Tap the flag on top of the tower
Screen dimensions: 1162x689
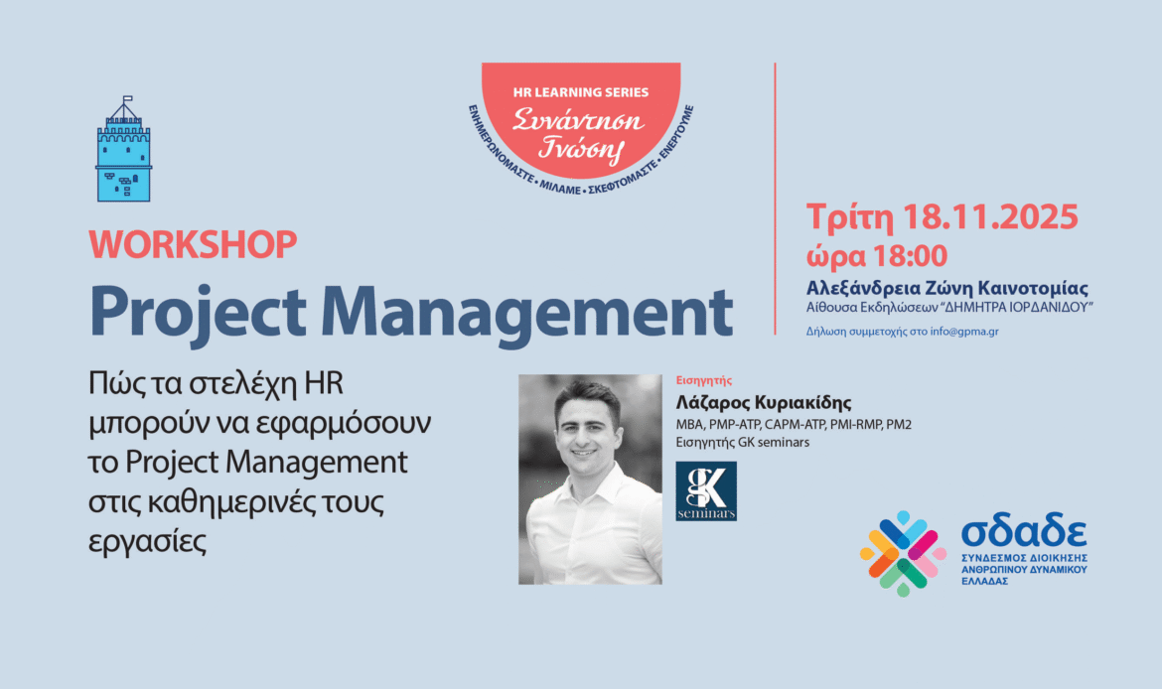(127, 98)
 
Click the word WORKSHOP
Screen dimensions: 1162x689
(193, 244)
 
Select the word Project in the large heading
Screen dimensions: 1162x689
(197, 313)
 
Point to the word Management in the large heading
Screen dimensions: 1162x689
(527, 313)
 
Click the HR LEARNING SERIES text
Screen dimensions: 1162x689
(581, 92)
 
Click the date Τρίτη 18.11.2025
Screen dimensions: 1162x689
(942, 217)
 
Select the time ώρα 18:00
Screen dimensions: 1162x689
(877, 256)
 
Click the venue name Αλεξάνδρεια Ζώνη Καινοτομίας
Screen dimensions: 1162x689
(947, 288)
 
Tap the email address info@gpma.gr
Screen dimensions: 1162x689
(964, 332)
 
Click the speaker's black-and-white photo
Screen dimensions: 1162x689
(590, 480)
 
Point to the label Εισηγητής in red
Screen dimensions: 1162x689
(704, 381)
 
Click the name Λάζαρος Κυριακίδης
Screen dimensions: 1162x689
(764, 402)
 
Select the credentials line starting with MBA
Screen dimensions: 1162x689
(794, 425)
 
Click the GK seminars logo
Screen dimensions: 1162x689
(706, 491)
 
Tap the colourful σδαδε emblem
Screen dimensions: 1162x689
(903, 553)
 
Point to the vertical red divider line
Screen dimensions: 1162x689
(775, 199)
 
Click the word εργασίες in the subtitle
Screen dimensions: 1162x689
(147, 541)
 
